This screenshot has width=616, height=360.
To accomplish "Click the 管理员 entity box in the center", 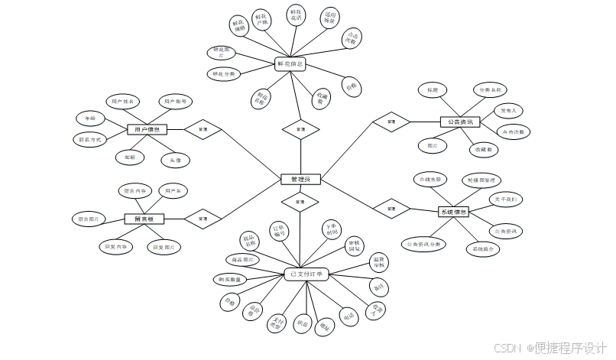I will tap(300, 179).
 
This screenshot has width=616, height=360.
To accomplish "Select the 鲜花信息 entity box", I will tap(290, 64).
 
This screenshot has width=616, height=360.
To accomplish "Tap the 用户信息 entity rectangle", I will tap(147, 129).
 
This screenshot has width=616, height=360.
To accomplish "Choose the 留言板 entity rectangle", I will tap(144, 219).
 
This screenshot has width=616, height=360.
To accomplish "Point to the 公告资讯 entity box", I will tap(459, 122).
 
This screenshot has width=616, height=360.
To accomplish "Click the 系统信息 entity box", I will tap(453, 212).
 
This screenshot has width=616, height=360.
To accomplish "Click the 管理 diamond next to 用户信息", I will tap(203, 129).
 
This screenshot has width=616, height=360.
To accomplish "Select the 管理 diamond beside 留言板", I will tap(203, 219).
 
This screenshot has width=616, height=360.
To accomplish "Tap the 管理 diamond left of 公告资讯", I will tap(391, 122).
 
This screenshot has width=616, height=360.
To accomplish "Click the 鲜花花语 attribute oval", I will tap(296, 16).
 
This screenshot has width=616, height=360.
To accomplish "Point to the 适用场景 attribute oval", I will tap(329, 18).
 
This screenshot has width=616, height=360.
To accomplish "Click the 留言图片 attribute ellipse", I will tap(89, 219).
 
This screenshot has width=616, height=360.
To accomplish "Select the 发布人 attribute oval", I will tap(509, 111).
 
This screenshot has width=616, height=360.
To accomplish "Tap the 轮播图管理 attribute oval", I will tap(481, 180).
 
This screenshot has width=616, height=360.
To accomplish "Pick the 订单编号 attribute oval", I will tap(280, 231).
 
